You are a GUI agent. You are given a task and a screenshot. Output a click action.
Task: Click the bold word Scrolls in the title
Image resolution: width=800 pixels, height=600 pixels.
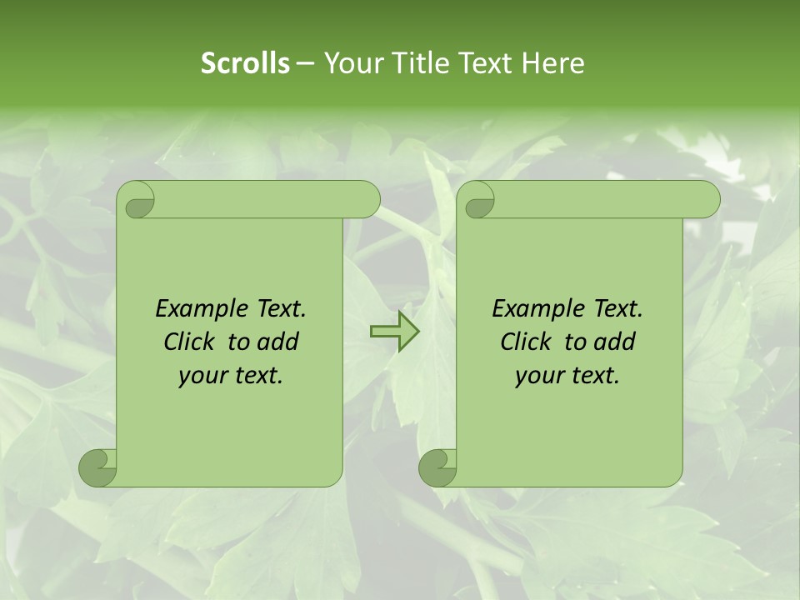tap(245, 63)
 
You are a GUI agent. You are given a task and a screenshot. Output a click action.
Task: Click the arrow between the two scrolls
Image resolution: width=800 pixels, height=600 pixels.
tap(394, 332)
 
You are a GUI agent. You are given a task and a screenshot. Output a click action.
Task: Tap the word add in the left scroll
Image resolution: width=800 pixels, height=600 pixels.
tap(278, 342)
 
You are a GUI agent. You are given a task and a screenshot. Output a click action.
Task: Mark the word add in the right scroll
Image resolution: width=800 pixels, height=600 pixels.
tap(615, 342)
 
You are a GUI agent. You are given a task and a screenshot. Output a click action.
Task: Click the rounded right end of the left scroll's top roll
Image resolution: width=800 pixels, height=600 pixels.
tap(367, 200)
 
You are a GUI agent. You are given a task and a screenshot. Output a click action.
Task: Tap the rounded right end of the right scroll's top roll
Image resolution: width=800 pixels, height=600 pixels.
tap(707, 200)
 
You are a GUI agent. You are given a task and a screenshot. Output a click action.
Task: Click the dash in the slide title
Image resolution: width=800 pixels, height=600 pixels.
tap(305, 63)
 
